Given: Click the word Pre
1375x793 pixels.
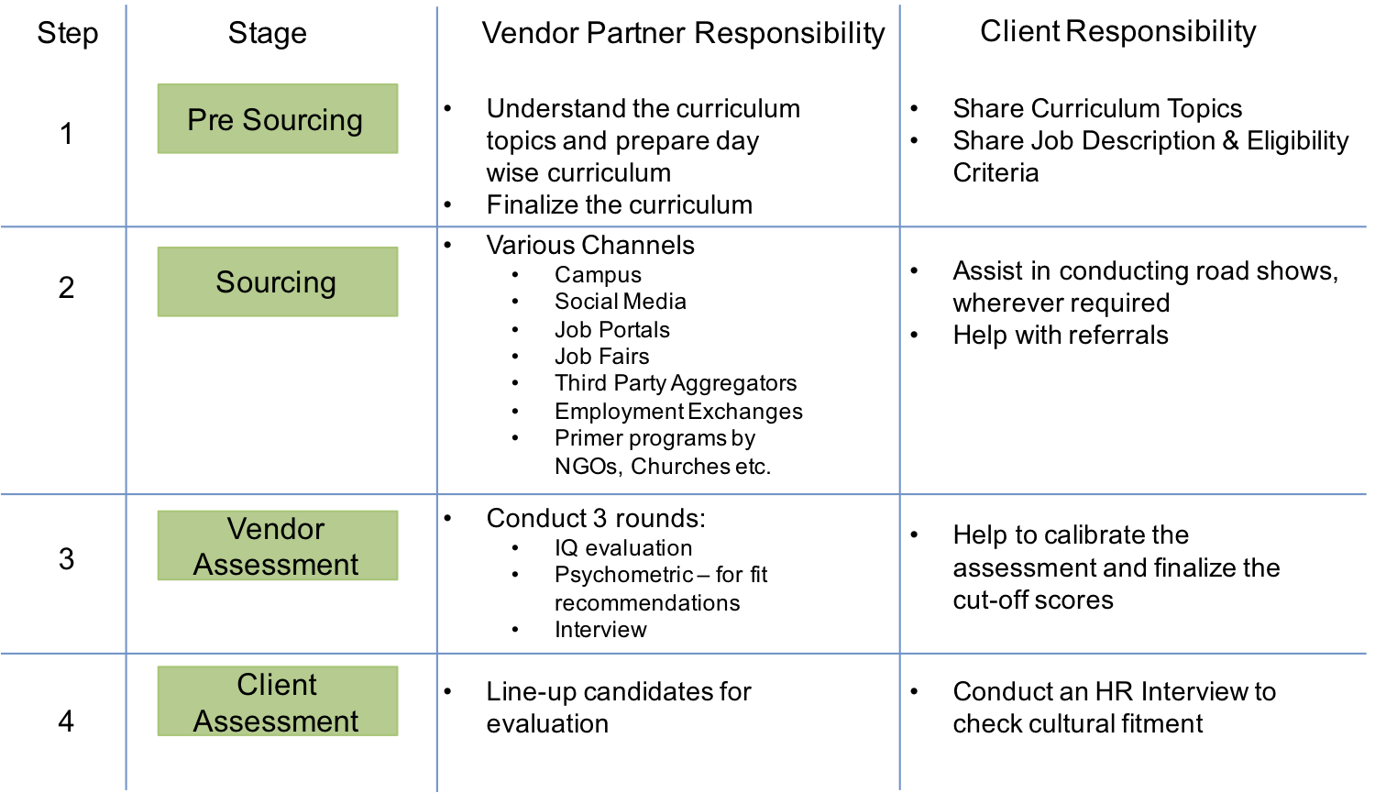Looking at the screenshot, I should pyautogui.click(x=211, y=120).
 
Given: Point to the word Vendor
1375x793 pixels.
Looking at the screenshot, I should pyautogui.click(x=276, y=529).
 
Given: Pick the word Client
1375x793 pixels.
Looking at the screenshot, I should pyautogui.click(x=277, y=685).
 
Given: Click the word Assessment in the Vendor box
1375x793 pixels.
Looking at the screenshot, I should pyautogui.click(x=276, y=565).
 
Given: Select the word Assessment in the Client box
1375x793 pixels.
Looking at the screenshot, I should pyautogui.click(x=276, y=721).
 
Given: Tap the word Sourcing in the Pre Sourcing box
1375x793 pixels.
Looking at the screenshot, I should pyautogui.click(x=302, y=120).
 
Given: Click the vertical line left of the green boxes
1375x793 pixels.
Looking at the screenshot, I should pyautogui.click(x=126, y=367).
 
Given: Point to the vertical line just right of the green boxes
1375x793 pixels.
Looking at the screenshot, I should pyautogui.click(x=437, y=367).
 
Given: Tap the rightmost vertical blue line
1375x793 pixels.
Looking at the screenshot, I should pyautogui.click(x=900, y=367).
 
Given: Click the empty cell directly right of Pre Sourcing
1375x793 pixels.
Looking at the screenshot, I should pyautogui.click(x=668, y=117).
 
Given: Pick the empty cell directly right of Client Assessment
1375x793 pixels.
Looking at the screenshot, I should pyautogui.click(x=668, y=721).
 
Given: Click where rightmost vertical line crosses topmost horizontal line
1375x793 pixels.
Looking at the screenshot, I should pyautogui.click(x=900, y=226).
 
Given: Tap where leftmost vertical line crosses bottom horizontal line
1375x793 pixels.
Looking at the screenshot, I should pyautogui.click(x=126, y=654).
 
